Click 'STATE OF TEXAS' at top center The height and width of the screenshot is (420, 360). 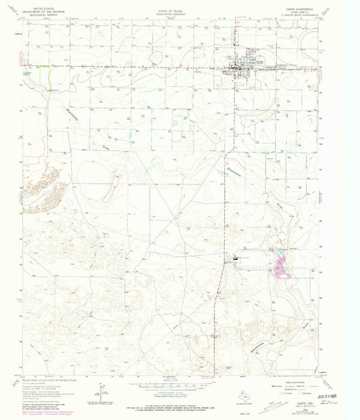click(178, 5)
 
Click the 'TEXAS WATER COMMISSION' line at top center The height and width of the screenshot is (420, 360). click(178, 9)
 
